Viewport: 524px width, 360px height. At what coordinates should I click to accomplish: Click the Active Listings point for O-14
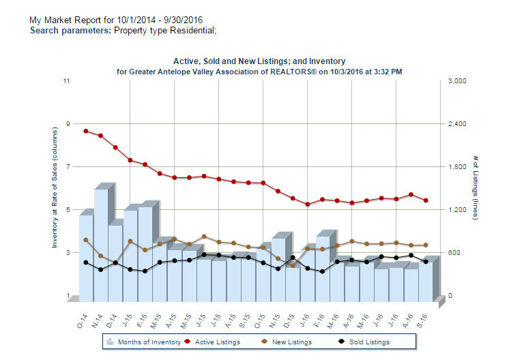pyautogui.click(x=86, y=131)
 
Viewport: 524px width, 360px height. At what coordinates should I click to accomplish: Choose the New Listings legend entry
pyautogui.click(x=286, y=342)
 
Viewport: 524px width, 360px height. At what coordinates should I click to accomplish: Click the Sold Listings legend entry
pyautogui.click(x=363, y=342)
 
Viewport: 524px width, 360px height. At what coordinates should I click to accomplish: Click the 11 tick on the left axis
pyautogui.click(x=66, y=81)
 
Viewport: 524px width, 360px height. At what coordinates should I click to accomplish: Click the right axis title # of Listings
pyautogui.click(x=476, y=188)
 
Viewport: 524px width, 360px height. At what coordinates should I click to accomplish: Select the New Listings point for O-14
pyautogui.click(x=86, y=240)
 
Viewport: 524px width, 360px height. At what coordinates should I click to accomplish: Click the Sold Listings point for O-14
pyautogui.click(x=86, y=262)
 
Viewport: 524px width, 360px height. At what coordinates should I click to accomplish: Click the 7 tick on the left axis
pyautogui.click(x=66, y=167)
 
